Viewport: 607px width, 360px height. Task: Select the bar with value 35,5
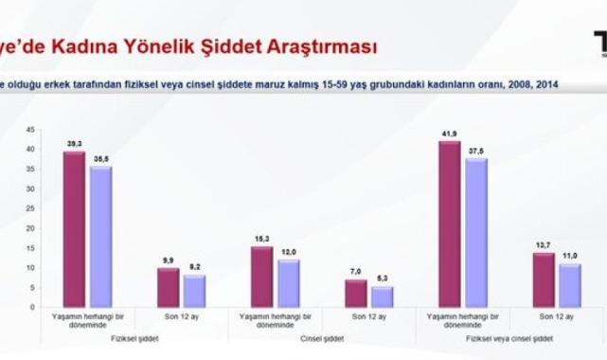(x=100, y=236)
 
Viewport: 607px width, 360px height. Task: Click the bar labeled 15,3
(x=262, y=276)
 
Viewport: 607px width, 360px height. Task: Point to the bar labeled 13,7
(x=544, y=279)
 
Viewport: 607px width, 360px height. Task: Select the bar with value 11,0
(x=570, y=284)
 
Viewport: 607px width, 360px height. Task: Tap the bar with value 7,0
(x=356, y=293)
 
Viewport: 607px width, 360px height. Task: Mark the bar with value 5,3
(x=382, y=297)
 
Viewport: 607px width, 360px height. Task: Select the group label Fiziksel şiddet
(x=134, y=337)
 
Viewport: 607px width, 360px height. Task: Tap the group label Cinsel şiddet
(x=322, y=337)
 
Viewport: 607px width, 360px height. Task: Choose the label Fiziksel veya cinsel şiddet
(x=509, y=337)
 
